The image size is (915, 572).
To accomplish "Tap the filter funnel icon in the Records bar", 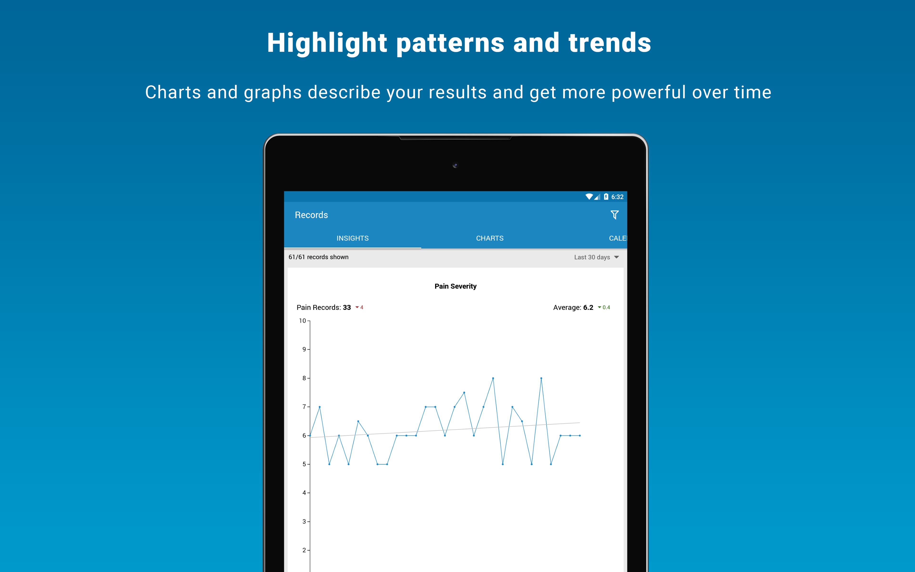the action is coord(615,215).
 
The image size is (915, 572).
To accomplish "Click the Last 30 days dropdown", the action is coord(596,257).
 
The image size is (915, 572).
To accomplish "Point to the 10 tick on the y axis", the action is coord(302,321).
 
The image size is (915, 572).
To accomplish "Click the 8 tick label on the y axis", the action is coord(304,378).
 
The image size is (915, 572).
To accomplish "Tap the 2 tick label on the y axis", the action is coord(304,550).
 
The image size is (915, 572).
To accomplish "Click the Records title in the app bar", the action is coord(311,215).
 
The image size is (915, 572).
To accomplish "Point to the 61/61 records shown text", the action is coord(318,257).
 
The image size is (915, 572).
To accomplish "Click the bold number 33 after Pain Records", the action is coord(347,307).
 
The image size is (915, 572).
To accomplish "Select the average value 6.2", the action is coord(588,307).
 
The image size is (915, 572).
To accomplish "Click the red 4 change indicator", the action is coord(359,307).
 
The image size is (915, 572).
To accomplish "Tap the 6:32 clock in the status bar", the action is coord(617,197).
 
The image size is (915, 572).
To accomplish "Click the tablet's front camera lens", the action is coord(455,165).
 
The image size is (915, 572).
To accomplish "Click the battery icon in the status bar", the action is coord(606,196).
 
